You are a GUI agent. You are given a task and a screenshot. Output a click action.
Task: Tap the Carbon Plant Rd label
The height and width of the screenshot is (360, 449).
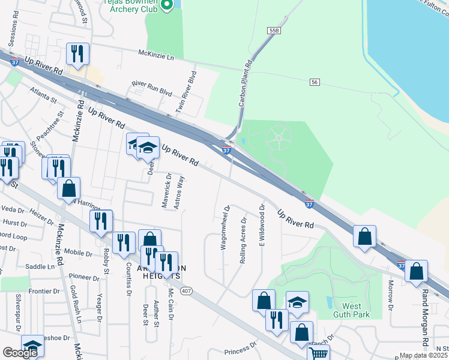click(245, 84)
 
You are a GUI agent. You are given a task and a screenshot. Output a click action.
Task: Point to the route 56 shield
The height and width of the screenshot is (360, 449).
click(314, 82)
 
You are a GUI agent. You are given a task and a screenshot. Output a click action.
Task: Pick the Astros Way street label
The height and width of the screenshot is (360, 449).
click(178, 193)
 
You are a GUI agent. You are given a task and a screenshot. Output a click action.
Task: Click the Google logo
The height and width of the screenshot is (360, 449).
click(20, 353)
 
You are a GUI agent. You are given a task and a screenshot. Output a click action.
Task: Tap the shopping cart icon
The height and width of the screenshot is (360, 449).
click(318, 353)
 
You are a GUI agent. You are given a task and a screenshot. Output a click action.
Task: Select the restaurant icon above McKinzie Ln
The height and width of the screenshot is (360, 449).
click(77, 54)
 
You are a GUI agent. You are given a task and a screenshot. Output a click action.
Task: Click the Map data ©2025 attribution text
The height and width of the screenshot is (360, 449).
click(424, 355)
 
